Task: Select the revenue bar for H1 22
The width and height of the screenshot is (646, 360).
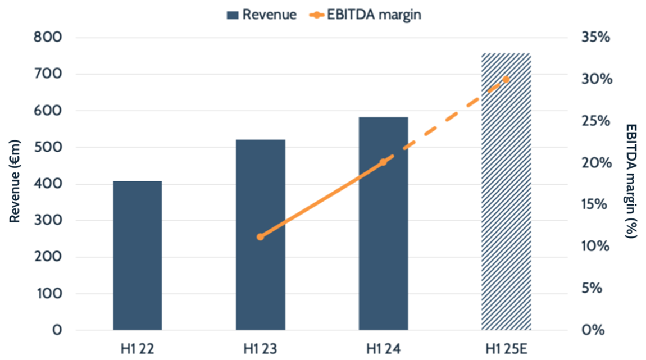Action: (137, 256)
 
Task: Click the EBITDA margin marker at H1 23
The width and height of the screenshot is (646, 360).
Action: (260, 236)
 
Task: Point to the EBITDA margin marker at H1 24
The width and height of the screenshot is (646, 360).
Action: (383, 162)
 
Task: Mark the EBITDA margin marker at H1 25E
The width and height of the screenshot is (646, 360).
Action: (506, 79)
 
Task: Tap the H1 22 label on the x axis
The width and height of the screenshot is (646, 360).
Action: (137, 348)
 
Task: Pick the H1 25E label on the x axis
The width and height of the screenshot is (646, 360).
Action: (506, 348)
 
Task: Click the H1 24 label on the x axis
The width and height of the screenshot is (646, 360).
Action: (383, 348)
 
